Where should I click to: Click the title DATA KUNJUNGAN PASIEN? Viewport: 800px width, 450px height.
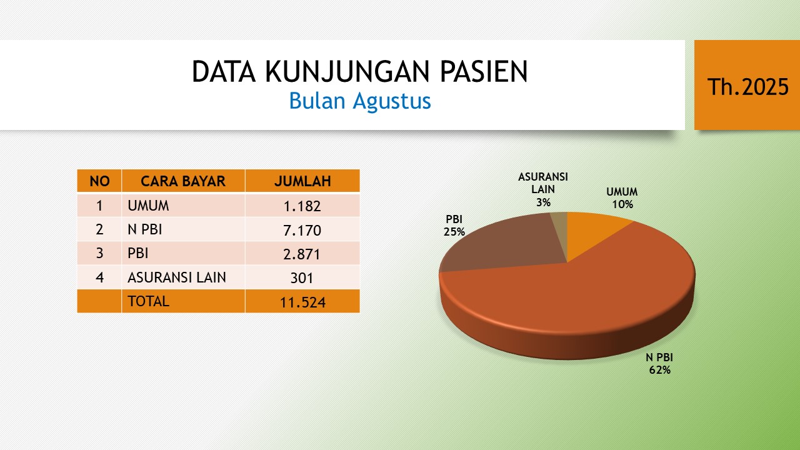pyautogui.click(x=359, y=71)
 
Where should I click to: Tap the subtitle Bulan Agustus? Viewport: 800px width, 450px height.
pyautogui.click(x=359, y=101)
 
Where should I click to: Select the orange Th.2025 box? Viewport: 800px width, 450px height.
pyautogui.click(x=747, y=85)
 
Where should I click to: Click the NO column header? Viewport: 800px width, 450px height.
pyautogui.click(x=99, y=181)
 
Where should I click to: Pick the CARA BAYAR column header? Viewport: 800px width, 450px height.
pyautogui.click(x=183, y=181)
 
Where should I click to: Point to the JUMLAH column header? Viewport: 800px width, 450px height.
pyautogui.click(x=302, y=181)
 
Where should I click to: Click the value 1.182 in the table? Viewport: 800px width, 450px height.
pyautogui.click(x=302, y=206)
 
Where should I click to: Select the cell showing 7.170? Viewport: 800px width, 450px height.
pyautogui.click(x=302, y=229)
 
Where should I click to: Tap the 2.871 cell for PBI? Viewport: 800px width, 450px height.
pyautogui.click(x=302, y=254)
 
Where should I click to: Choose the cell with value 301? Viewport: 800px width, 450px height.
pyautogui.click(x=302, y=277)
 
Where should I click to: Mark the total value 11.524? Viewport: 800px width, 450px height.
pyautogui.click(x=302, y=302)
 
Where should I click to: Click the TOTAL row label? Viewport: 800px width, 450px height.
pyautogui.click(x=148, y=301)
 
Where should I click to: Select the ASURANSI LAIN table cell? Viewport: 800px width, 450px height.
pyautogui.click(x=183, y=277)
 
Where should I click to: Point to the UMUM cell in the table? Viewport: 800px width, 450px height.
pyautogui.click(x=183, y=206)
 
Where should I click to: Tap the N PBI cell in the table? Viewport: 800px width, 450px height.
pyautogui.click(x=183, y=229)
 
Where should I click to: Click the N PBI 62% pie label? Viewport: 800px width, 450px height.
pyautogui.click(x=659, y=363)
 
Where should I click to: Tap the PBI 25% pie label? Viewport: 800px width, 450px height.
pyautogui.click(x=454, y=226)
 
